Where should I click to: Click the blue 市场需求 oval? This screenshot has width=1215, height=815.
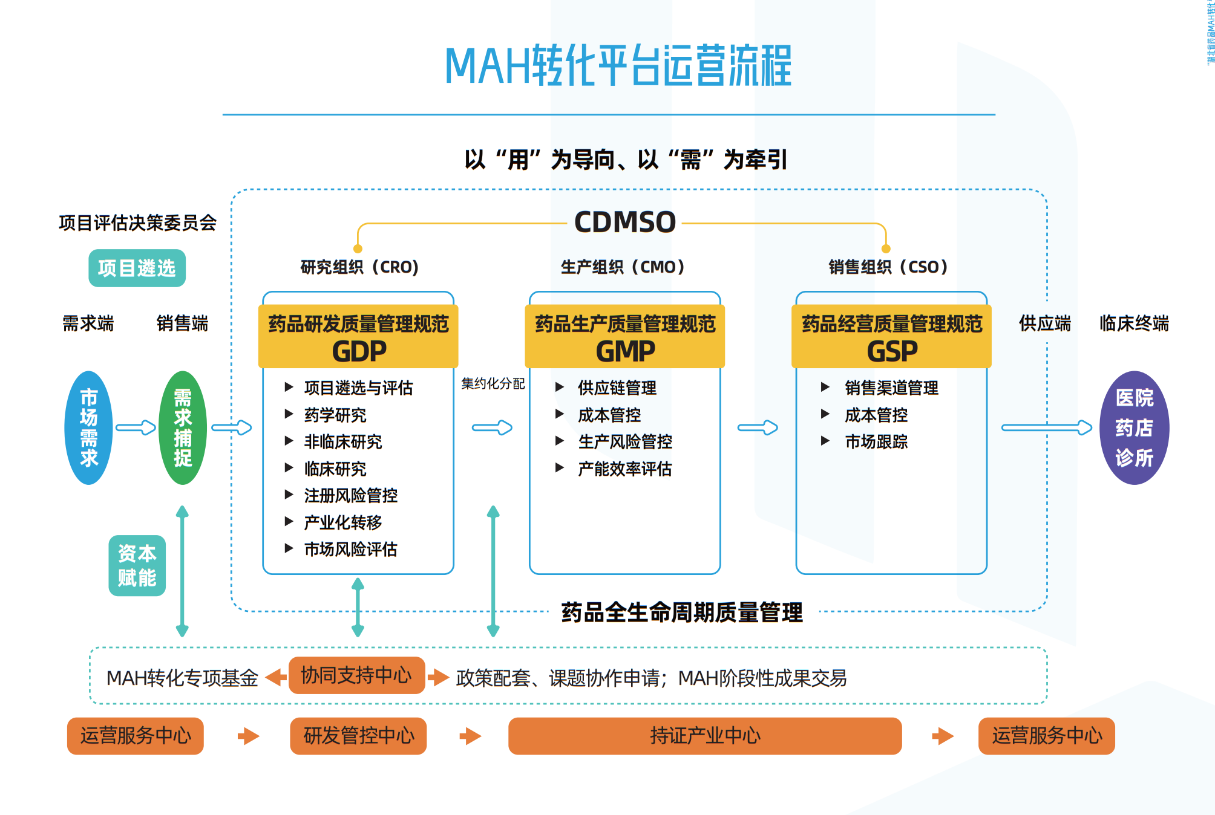88,427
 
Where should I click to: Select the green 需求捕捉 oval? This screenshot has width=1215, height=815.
182,427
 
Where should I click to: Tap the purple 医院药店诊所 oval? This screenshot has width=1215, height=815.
1134,427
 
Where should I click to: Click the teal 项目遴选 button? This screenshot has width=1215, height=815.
137,268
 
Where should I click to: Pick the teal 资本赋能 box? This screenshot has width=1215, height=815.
137,565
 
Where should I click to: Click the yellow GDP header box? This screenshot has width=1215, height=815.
358,337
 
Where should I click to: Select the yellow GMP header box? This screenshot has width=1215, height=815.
624,337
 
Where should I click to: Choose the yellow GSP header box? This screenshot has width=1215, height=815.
891,337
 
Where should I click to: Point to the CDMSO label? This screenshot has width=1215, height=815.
624,222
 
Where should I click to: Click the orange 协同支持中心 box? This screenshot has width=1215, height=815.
356,675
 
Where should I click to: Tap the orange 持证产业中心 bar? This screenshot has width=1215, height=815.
705,736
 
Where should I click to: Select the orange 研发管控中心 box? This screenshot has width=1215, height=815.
358,736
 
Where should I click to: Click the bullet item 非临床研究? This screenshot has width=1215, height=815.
343,442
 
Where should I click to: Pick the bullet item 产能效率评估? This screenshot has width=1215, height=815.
624,469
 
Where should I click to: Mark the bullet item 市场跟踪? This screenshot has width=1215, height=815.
876,442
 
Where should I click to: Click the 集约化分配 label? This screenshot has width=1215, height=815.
493,383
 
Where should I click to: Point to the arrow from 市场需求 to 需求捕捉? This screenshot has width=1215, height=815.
136,427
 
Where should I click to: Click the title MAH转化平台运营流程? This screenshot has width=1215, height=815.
618,66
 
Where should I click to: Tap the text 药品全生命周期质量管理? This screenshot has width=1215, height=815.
682,612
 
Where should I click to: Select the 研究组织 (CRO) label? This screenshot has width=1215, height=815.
359,267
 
